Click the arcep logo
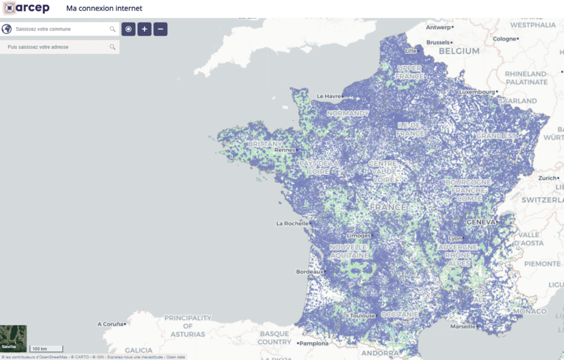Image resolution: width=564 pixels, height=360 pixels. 26,8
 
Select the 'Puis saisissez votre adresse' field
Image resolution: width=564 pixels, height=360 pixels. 58,47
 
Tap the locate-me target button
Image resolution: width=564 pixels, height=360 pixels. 128,29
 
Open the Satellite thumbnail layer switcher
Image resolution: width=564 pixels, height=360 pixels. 13,338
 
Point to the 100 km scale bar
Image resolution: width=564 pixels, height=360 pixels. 46,349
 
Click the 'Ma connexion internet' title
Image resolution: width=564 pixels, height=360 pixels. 104,9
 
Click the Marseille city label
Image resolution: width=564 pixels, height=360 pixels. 463,327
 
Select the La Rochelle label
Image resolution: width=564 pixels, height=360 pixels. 292,223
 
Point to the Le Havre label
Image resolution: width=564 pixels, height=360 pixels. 329,96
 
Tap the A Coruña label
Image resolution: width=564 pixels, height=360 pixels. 110,324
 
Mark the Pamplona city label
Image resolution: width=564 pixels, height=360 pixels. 314,343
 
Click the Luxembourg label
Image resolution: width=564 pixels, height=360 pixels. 477,92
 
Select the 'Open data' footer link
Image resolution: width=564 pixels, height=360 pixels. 176,357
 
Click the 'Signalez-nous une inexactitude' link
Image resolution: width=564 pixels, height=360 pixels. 136,357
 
